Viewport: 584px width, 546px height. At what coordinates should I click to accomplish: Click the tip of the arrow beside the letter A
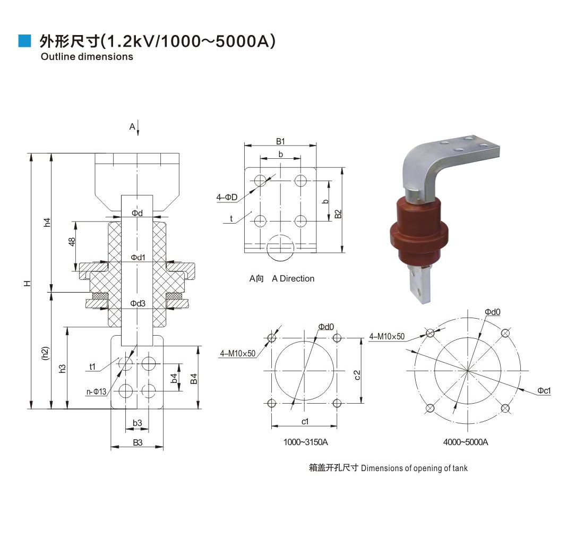click(138, 135)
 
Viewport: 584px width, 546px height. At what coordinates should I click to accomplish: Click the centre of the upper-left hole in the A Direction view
click(260, 181)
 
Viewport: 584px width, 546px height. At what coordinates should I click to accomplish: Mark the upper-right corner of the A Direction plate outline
click(316, 168)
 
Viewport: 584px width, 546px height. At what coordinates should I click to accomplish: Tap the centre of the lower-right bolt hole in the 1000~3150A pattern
click(337, 403)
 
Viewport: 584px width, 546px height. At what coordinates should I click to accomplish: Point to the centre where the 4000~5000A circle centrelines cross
click(468, 370)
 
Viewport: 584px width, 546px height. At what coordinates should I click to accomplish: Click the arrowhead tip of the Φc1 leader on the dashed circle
click(519, 389)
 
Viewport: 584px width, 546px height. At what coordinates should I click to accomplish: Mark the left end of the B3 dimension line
click(111, 447)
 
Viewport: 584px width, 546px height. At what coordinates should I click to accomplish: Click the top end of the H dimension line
click(31, 153)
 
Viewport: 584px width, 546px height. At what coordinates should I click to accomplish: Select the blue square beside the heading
click(24, 40)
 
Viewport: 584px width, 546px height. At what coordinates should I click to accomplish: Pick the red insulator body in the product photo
click(419, 232)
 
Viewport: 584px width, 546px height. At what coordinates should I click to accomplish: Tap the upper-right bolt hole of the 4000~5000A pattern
click(505, 333)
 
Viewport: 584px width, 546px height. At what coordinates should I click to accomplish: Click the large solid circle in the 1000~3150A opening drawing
click(304, 370)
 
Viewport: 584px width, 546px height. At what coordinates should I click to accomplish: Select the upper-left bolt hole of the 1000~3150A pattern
click(271, 338)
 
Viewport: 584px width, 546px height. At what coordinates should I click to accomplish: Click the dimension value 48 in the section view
click(72, 242)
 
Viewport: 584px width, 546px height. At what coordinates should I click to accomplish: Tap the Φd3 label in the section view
click(138, 303)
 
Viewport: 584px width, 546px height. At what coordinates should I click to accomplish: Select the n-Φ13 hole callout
click(97, 391)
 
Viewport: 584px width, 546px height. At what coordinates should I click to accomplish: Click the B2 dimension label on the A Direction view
click(338, 214)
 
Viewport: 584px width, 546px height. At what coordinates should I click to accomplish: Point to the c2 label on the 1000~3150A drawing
click(357, 375)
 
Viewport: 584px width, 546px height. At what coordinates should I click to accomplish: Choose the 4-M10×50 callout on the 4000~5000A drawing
click(387, 337)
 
